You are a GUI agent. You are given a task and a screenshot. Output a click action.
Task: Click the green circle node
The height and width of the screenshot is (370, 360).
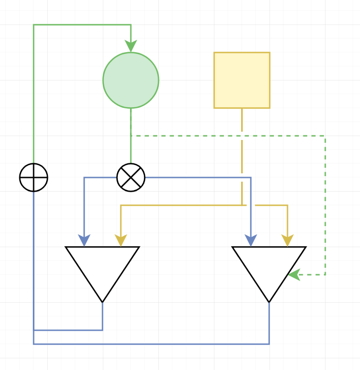coord(131,80)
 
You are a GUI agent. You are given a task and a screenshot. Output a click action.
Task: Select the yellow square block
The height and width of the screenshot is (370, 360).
coord(242,80)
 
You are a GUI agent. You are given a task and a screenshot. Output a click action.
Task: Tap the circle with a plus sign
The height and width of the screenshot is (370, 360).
coord(33,178)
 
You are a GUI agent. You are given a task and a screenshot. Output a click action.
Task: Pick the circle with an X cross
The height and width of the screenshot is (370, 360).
coord(131,178)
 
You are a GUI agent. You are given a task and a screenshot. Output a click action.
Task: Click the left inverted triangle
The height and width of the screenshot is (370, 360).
coord(102,267)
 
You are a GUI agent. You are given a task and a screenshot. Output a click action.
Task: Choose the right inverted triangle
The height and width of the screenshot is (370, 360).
coord(269,267)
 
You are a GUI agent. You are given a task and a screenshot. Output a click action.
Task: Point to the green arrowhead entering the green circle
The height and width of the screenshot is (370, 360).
coord(131,47)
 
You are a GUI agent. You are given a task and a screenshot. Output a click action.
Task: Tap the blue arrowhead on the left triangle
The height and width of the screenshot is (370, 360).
coord(84,241)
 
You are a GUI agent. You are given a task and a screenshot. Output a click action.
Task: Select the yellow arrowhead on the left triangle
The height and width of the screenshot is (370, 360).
coord(121,241)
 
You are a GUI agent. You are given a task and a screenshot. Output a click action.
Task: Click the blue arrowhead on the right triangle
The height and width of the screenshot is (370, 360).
coord(251,241)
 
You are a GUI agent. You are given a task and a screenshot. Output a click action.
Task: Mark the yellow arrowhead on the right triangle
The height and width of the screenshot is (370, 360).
coord(287,241)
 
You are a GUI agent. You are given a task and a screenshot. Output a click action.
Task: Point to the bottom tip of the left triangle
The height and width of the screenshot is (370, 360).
coord(102,302)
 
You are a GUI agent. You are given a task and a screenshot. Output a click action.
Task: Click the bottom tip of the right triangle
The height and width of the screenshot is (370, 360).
coord(269,302)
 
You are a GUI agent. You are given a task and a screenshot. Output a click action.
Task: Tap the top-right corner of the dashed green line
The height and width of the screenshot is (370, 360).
coord(325,136)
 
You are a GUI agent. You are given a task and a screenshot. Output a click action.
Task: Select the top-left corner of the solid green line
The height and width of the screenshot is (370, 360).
coord(33,24)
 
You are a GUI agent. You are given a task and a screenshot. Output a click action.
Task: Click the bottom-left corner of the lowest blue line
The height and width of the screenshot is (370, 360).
coord(33,344)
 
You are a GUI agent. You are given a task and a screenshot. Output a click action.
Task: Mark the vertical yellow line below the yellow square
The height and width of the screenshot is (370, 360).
coord(242,156)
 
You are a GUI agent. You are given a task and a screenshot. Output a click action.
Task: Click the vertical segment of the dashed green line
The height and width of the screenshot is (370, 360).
coord(325,206)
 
